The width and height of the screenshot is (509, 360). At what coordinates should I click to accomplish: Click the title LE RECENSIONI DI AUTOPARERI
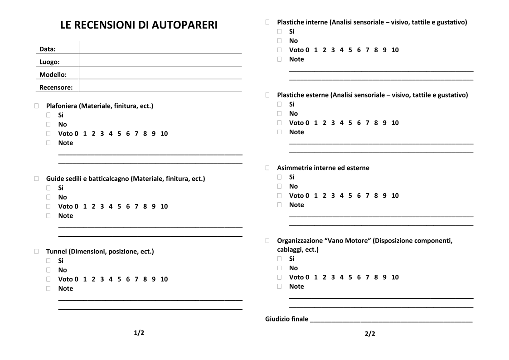tap(139, 25)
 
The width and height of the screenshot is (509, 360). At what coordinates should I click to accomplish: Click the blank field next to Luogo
tap(160, 62)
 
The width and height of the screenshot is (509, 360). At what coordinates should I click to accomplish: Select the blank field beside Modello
tap(160, 74)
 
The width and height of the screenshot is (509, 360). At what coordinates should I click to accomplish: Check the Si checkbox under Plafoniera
tap(48, 115)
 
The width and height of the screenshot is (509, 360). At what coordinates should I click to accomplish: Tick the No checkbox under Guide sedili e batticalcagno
tap(48, 197)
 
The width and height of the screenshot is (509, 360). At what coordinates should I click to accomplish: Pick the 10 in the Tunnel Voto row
tap(164, 279)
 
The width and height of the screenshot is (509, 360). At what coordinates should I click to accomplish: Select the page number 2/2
tap(370, 334)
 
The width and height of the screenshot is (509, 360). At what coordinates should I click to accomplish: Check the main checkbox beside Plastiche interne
tap(267, 22)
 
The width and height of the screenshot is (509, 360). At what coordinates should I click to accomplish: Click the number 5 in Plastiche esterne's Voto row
tap(350, 123)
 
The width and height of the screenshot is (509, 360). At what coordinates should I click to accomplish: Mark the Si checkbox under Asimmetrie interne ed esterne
tap(280, 177)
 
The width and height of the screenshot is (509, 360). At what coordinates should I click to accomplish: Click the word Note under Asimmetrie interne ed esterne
tap(296, 205)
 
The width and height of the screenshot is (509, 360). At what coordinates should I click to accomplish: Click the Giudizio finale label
tap(286, 319)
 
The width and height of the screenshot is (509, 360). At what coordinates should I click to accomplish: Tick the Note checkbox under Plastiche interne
tap(280, 59)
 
